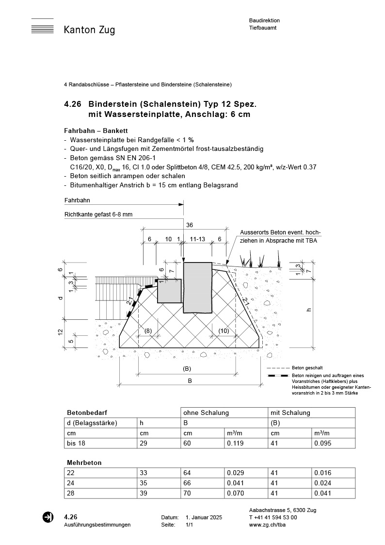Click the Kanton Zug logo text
[89, 30]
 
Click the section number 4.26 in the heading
[73, 104]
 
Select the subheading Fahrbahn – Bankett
[96, 131]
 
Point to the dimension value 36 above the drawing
[190, 225]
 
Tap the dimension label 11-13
[198, 239]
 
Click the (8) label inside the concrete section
[148, 331]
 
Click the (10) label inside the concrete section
[223, 331]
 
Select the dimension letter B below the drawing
[190, 381]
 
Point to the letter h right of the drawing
[309, 310]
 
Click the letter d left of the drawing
[61, 297]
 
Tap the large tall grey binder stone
[198, 287]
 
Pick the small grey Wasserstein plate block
[169, 291]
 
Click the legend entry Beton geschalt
[308, 368]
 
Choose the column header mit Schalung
[290, 413]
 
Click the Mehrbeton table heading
[84, 462]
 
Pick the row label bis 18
[76, 444]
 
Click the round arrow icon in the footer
[48, 517]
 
